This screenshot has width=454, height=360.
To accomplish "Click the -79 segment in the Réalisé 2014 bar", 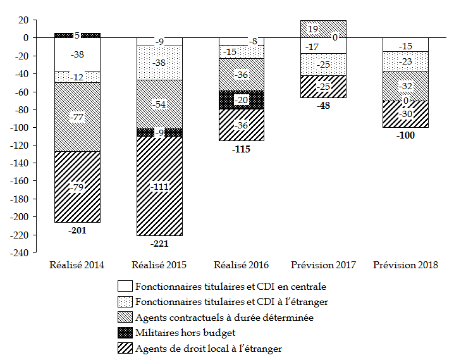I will [x=77, y=187].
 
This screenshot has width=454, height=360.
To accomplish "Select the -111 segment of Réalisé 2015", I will [x=159, y=186].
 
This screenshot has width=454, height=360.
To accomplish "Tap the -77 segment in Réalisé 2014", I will [x=77, y=117].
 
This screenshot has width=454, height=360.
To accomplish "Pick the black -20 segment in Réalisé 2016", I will [x=242, y=100].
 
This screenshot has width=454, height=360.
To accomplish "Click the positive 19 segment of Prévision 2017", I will [x=324, y=28].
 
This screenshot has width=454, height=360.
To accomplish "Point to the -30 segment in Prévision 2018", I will [x=406, y=115].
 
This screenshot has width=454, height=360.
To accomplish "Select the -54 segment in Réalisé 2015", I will [x=159, y=104].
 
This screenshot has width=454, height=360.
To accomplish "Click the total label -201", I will [x=77, y=230].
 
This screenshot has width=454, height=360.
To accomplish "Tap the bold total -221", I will [x=159, y=244].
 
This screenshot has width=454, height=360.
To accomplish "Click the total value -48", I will [x=324, y=106].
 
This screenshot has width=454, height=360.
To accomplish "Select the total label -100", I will [x=406, y=136].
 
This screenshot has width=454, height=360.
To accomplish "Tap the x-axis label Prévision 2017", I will [x=324, y=265].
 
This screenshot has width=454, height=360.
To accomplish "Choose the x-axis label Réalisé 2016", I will [x=242, y=265].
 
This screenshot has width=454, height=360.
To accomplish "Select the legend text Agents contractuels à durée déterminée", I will [x=224, y=318].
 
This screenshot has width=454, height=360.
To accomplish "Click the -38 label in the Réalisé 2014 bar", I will [x=77, y=55].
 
